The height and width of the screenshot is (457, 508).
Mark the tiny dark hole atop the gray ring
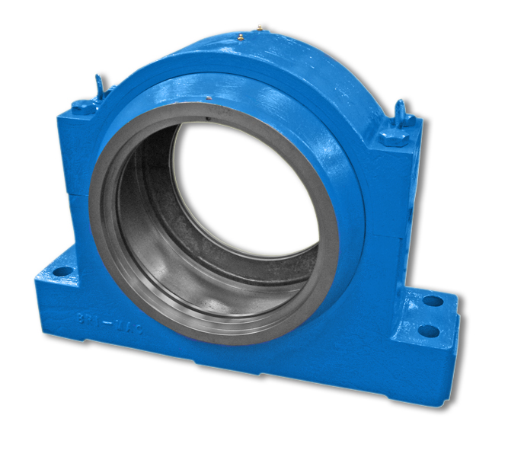tap(206, 118)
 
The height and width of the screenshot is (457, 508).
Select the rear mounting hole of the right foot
tap(433, 301)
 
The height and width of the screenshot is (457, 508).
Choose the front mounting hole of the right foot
tap(429, 331)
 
